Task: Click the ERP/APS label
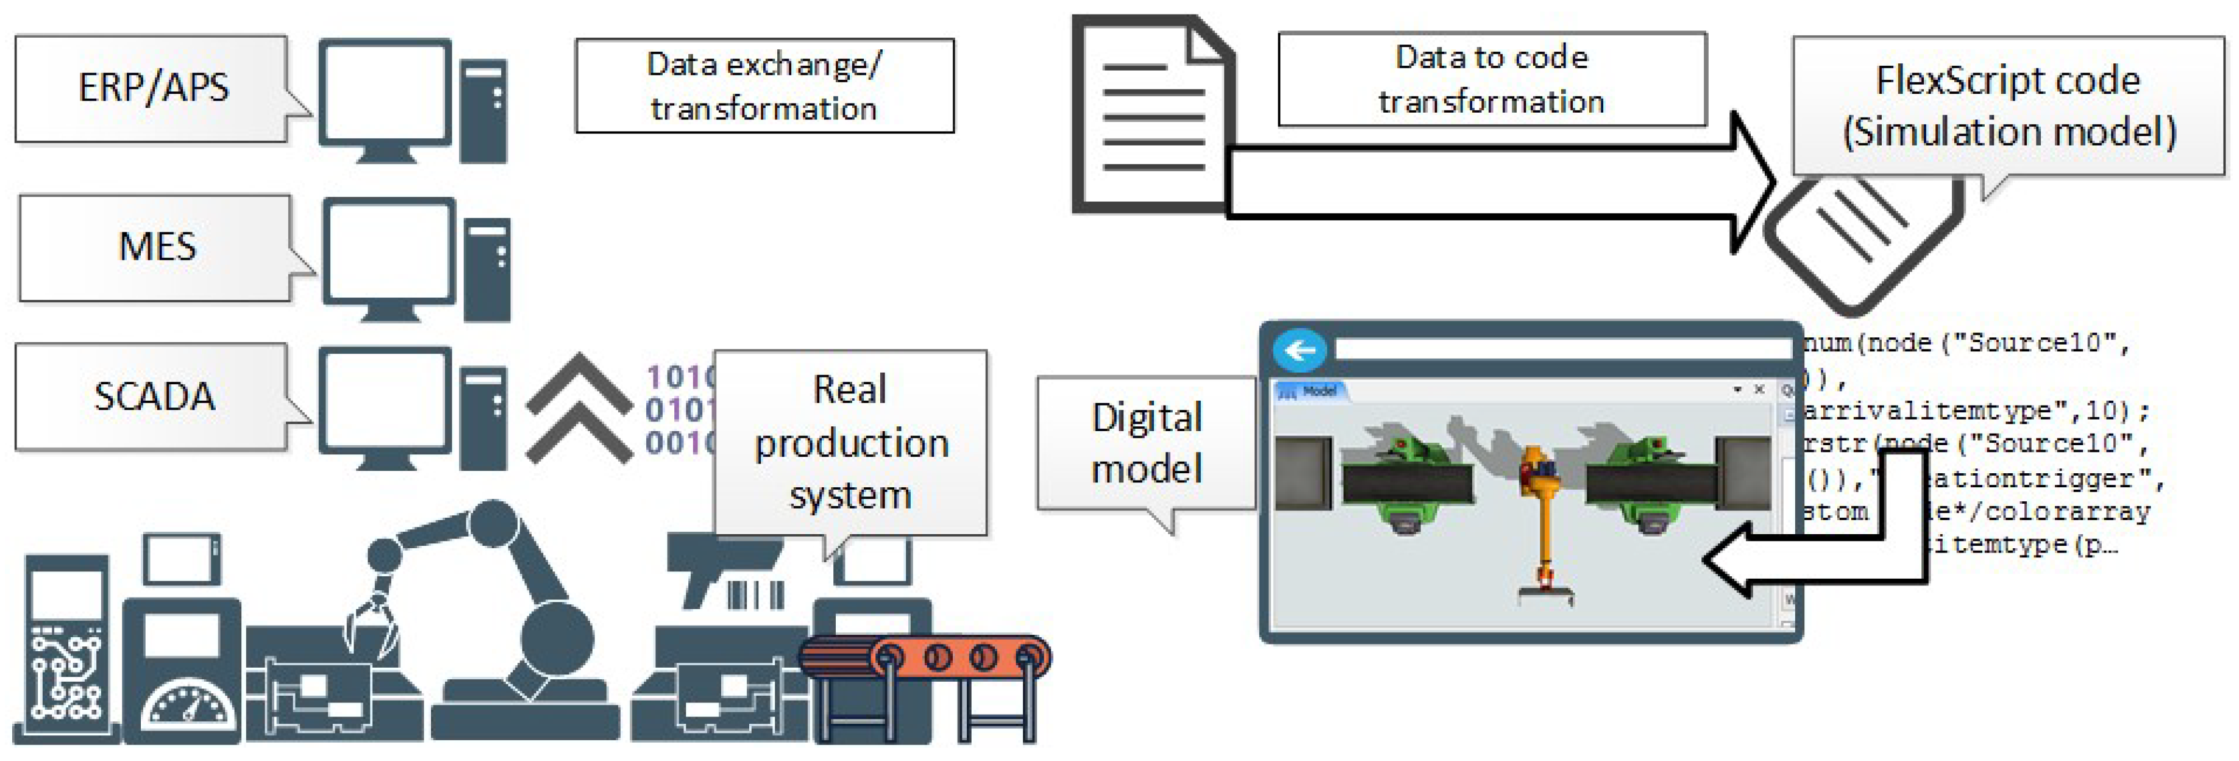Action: coord(153,88)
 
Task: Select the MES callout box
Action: coord(157,248)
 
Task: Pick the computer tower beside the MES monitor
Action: coord(486,270)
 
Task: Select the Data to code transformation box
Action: coord(1492,80)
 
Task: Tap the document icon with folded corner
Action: coord(1147,118)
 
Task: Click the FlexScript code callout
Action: coord(2008,106)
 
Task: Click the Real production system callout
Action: coord(850,442)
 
